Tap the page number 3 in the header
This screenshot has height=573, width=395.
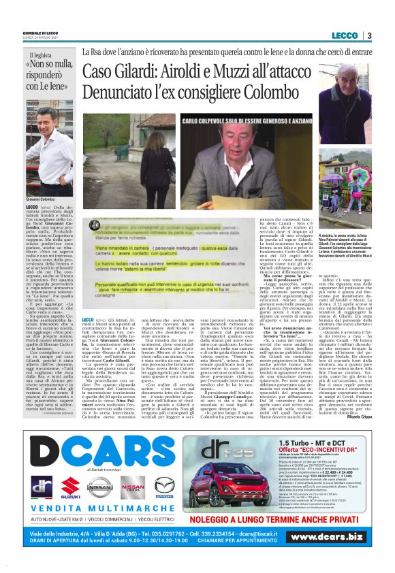[368, 35]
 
